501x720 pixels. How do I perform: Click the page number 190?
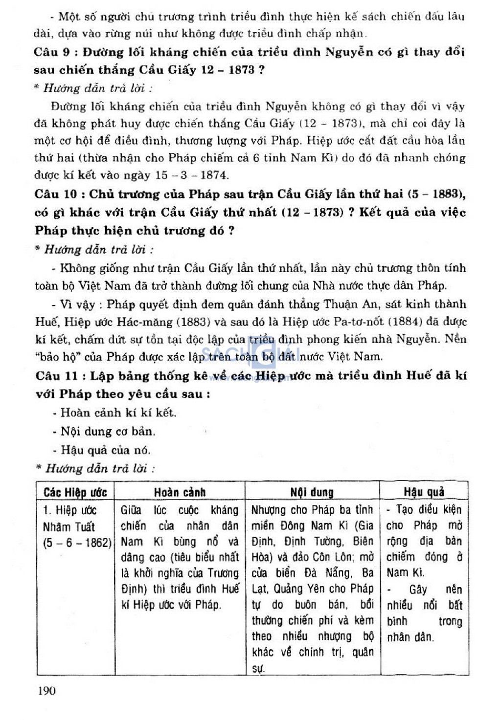(46, 691)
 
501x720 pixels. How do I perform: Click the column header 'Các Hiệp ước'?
(75, 492)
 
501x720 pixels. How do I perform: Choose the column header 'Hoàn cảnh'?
(180, 492)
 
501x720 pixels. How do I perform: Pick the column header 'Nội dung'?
(312, 492)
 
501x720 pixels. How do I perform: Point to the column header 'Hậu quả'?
(424, 492)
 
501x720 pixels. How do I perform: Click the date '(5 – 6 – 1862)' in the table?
(77, 543)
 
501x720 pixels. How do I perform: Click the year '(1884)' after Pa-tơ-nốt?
(402, 322)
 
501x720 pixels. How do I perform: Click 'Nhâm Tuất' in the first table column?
(68, 526)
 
